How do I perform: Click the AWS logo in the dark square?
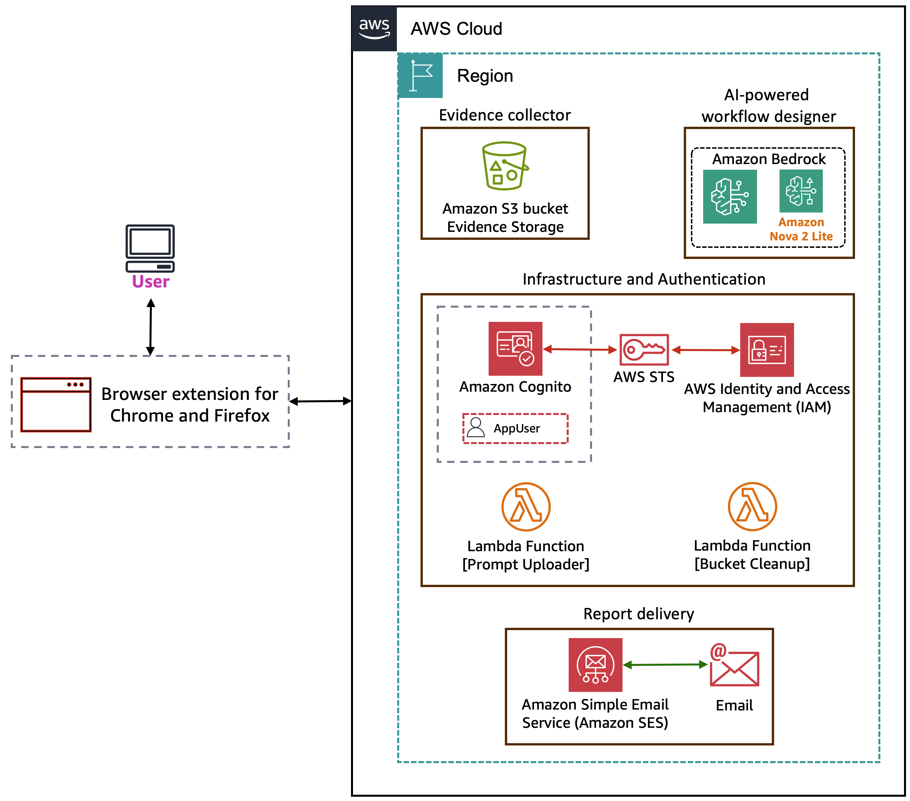pyautogui.click(x=374, y=28)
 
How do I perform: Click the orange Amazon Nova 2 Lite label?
pyautogui.click(x=801, y=229)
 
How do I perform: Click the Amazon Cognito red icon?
pyautogui.click(x=515, y=348)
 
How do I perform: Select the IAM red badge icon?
pyautogui.click(x=767, y=350)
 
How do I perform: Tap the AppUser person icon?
pyautogui.click(x=476, y=427)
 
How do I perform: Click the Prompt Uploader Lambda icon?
pyautogui.click(x=526, y=506)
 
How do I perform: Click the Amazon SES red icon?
pyautogui.click(x=595, y=664)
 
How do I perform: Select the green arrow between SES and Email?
pyautogui.click(x=665, y=665)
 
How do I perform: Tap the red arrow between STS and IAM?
pyautogui.click(x=706, y=350)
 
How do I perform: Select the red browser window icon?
pyautogui.click(x=56, y=404)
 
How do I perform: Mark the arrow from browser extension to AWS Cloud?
pyautogui.click(x=320, y=401)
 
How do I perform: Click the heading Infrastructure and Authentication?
pyautogui.click(x=644, y=279)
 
